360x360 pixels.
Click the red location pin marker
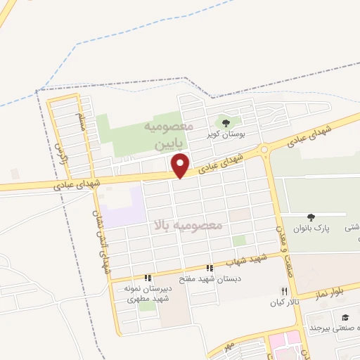[x=181, y=165]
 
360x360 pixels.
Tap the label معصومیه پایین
[x=168, y=135]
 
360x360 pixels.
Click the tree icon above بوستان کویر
[x=226, y=122]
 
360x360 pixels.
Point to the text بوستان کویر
[x=225, y=133]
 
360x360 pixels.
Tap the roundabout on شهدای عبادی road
[x=264, y=149]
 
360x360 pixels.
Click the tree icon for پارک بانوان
[x=311, y=217]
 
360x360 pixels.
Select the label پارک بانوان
[x=311, y=229]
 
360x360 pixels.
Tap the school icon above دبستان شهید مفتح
[x=209, y=268]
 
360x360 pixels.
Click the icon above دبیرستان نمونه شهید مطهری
[x=148, y=278]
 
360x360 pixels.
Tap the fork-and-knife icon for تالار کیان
[x=284, y=291]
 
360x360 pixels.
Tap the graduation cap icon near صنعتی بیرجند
[x=345, y=317]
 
